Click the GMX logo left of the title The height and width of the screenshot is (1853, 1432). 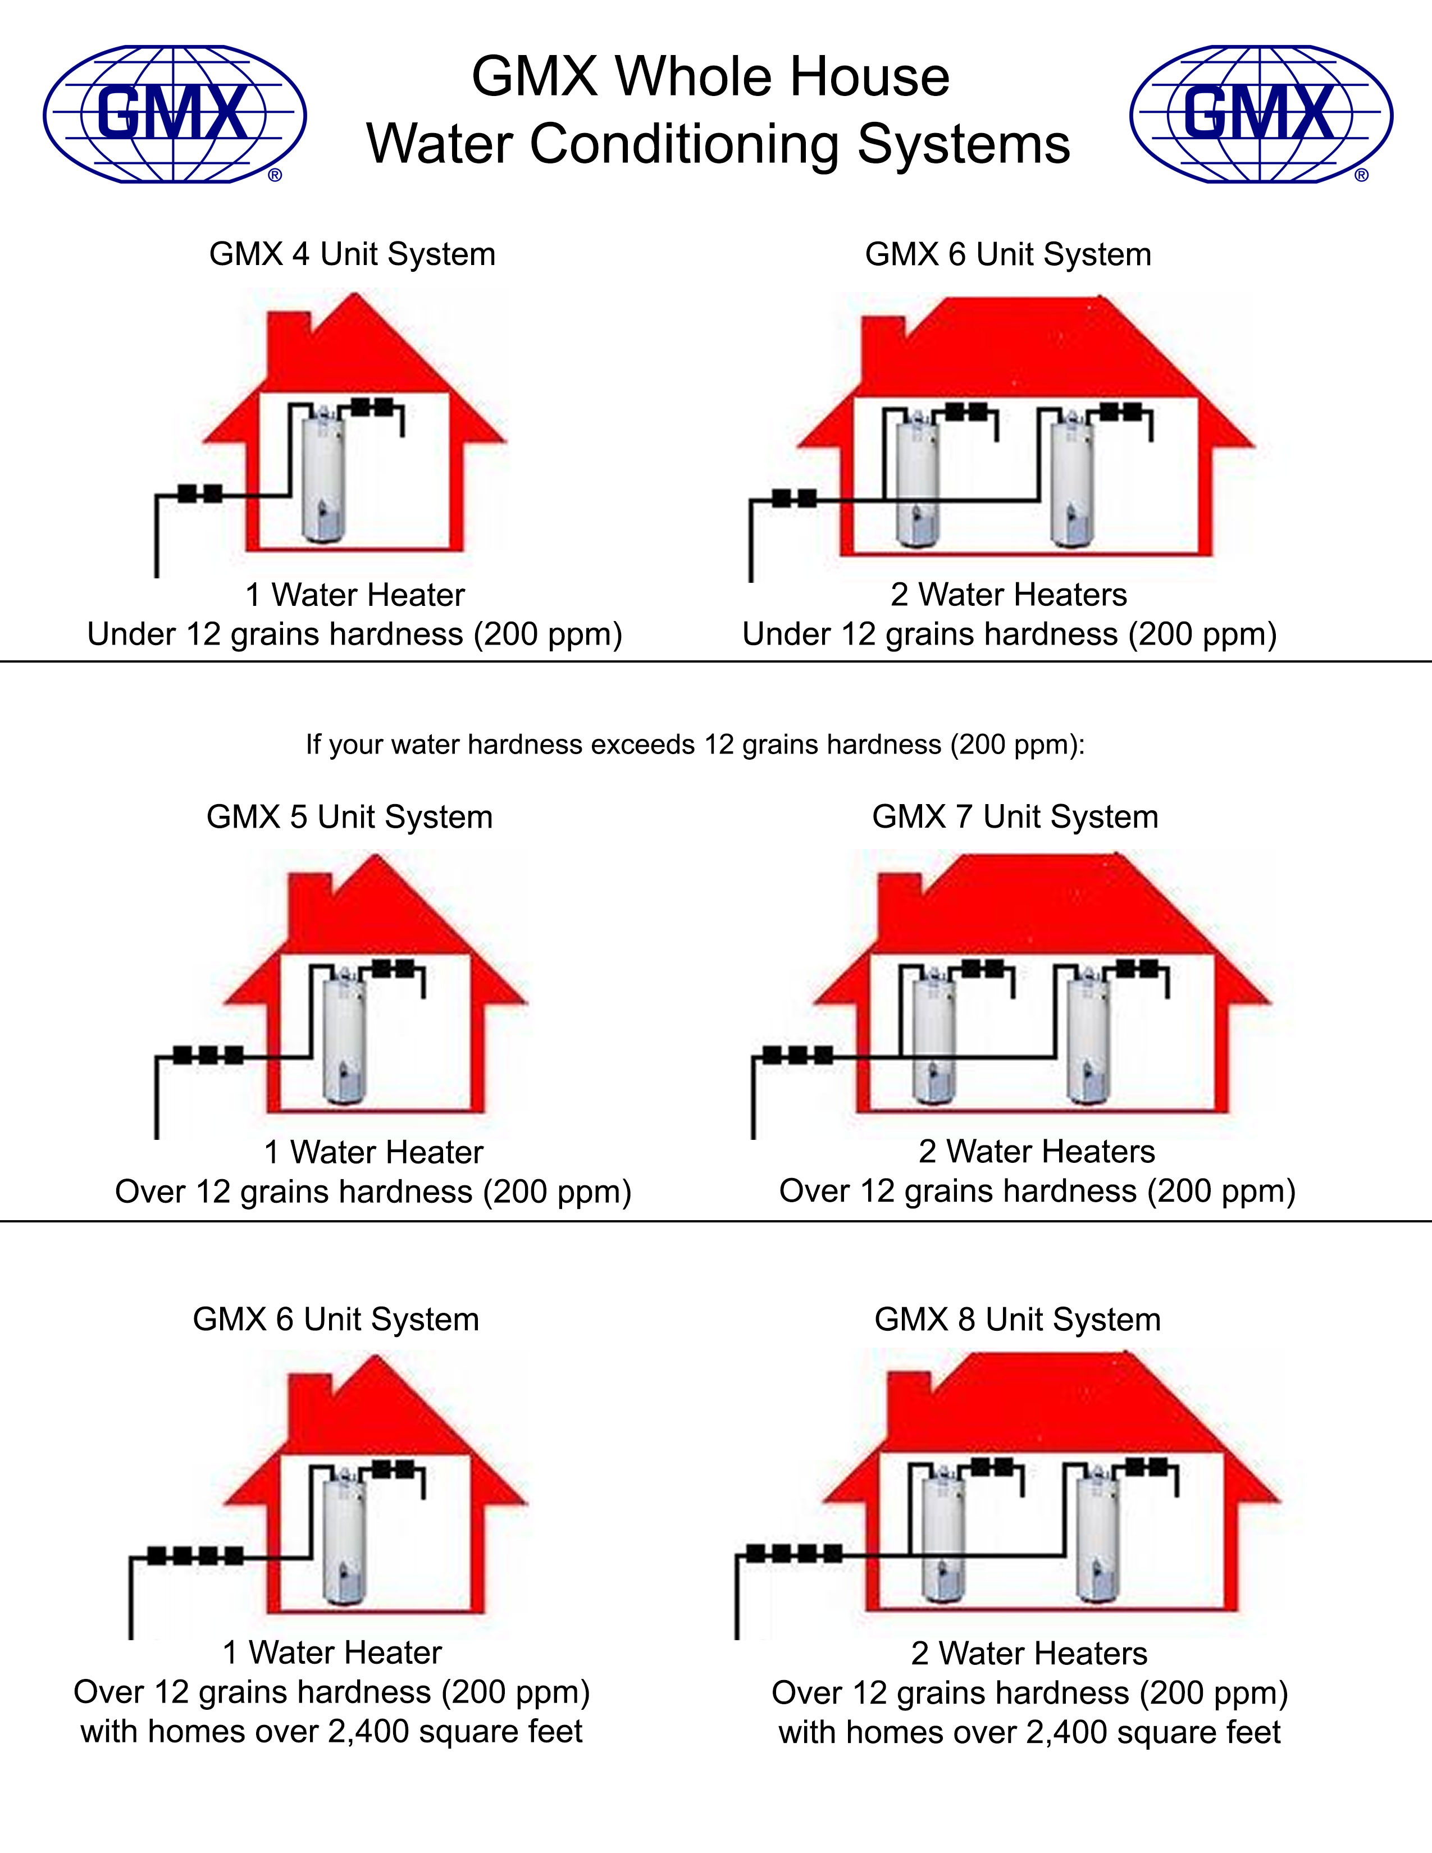pyautogui.click(x=175, y=115)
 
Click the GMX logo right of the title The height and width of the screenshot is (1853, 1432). pyautogui.click(x=1261, y=115)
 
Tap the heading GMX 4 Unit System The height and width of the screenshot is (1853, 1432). pyautogui.click(x=352, y=254)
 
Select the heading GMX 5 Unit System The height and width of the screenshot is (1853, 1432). pyautogui.click(x=349, y=817)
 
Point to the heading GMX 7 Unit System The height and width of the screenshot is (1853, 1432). pyautogui.click(x=1015, y=817)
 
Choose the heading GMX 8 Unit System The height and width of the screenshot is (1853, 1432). pyautogui.click(x=1017, y=1320)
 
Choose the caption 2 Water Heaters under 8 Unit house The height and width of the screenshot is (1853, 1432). pyautogui.click(x=1029, y=1654)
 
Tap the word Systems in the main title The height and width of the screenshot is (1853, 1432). pyautogui.click(x=964, y=144)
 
